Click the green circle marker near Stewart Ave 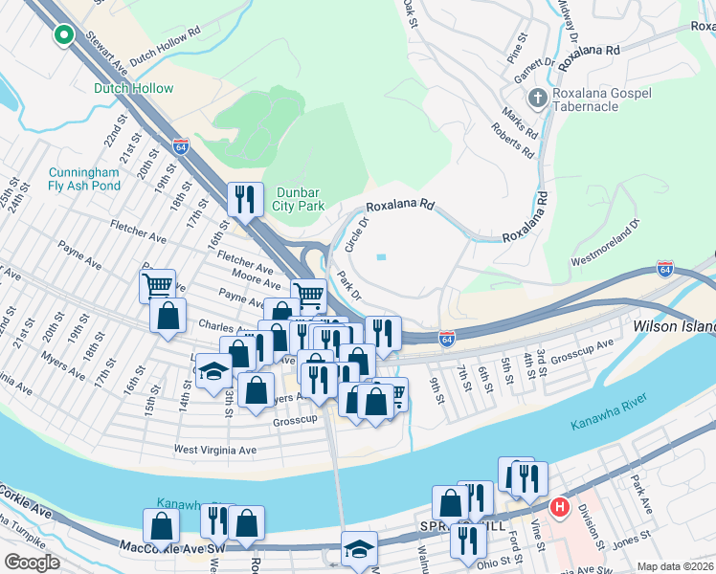[64, 35]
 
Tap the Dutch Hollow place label [134, 89]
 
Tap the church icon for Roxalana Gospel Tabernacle [538, 99]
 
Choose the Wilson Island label [674, 327]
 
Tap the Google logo [32, 563]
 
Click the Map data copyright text [674, 566]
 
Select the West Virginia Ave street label [215, 449]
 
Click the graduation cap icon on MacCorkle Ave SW [359, 550]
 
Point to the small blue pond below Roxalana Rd [383, 256]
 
